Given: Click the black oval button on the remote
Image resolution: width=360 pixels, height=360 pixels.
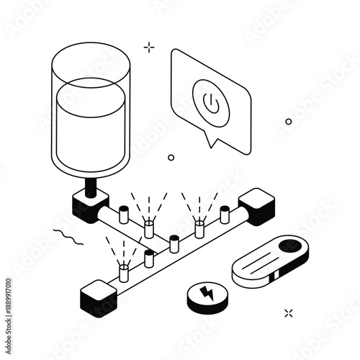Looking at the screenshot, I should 289,246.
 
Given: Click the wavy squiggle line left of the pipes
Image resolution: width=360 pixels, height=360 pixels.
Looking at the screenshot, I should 68,235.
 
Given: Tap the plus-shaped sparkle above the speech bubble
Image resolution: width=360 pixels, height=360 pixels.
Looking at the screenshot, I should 149,48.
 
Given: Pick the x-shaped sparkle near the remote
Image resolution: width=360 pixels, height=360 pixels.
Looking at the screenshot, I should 289,312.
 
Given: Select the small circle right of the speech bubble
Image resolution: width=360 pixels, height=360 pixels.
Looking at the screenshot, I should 289,122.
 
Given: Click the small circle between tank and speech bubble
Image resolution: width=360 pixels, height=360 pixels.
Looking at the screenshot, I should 171,157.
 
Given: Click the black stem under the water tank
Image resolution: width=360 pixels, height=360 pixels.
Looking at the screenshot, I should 92,186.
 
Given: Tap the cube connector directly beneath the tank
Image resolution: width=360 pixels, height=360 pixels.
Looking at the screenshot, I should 90,206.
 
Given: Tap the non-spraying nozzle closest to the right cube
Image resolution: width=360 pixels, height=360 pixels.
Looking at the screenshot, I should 225,213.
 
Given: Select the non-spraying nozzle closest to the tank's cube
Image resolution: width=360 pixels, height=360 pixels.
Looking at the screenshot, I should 123,214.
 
